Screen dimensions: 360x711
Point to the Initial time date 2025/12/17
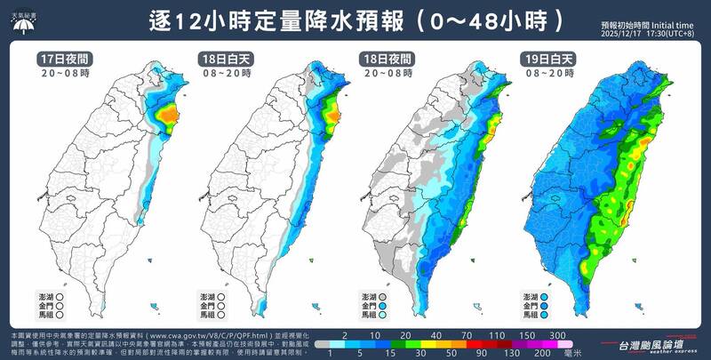coord(624,34)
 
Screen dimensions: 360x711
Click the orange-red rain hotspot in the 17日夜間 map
coord(166,113)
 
